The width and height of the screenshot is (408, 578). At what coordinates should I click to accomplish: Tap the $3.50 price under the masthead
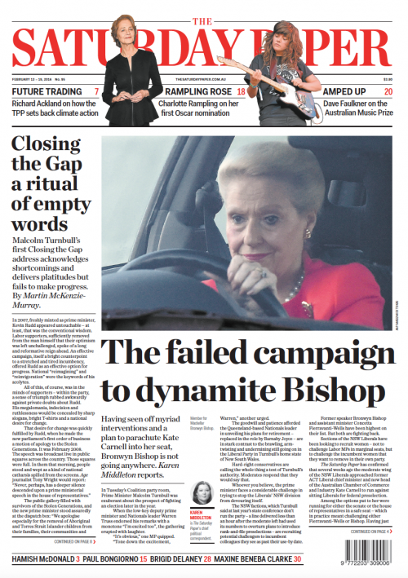387,79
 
